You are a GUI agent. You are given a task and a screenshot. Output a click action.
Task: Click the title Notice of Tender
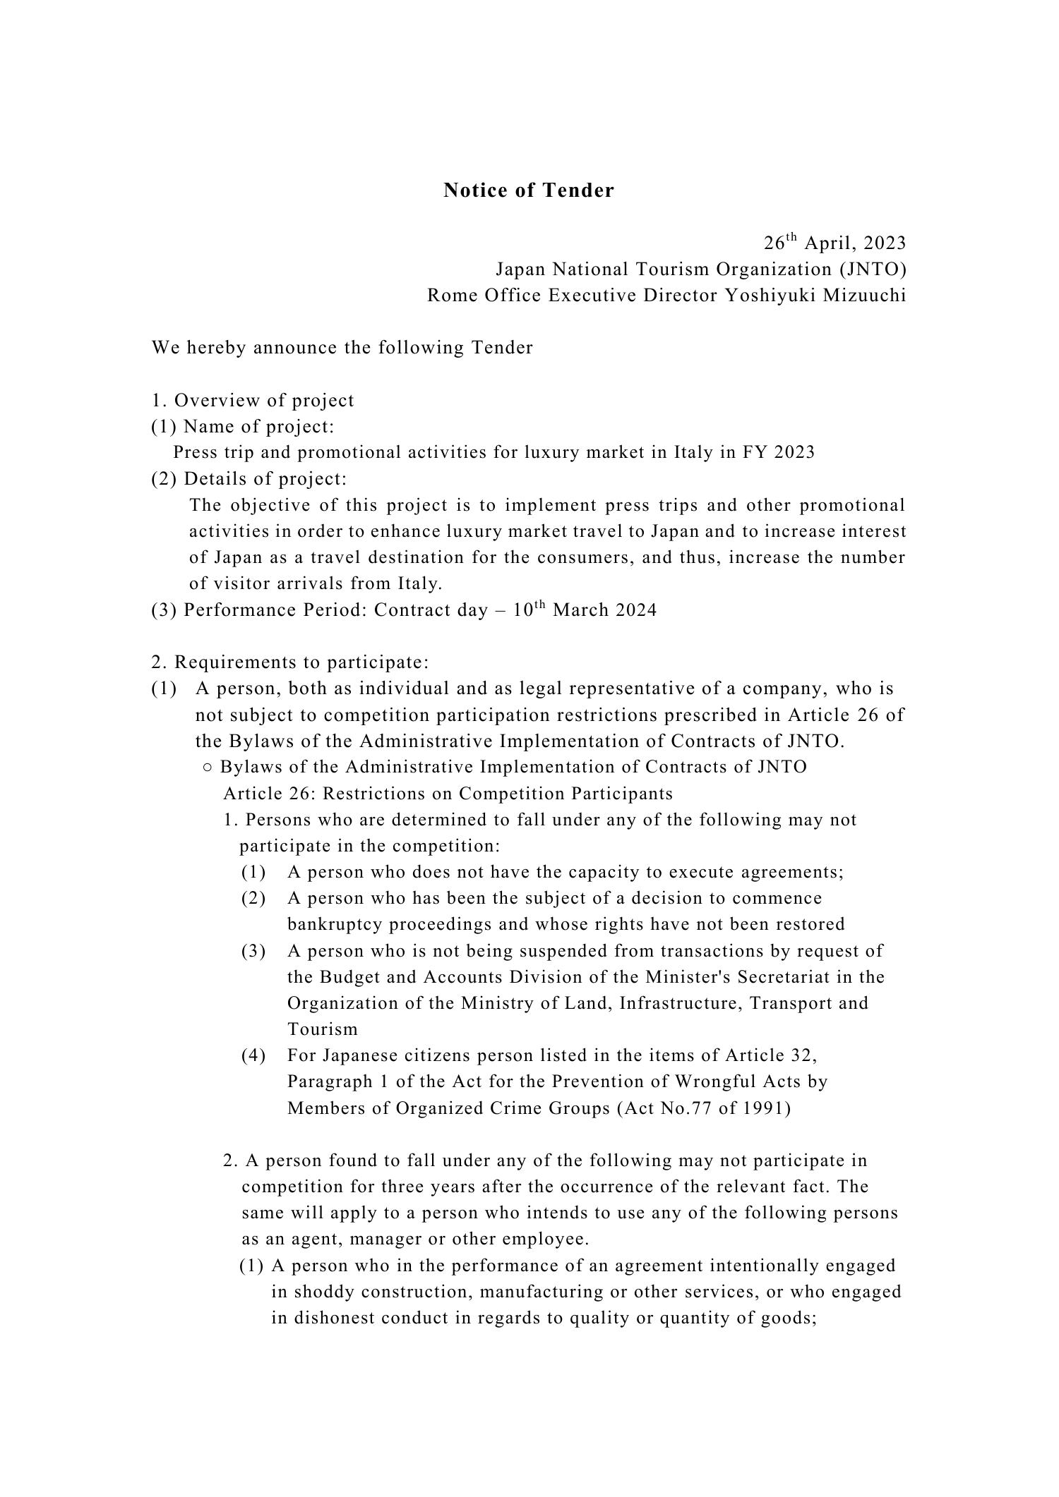529,190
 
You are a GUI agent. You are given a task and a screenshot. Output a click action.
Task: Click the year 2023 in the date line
885,243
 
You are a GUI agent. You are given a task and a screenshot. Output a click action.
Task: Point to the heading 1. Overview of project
253,401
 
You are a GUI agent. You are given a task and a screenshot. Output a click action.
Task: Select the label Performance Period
275,610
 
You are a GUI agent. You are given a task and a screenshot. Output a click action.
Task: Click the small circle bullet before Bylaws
208,768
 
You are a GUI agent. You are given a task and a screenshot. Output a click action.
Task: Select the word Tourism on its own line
323,1029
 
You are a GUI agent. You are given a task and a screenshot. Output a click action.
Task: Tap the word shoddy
323,1292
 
